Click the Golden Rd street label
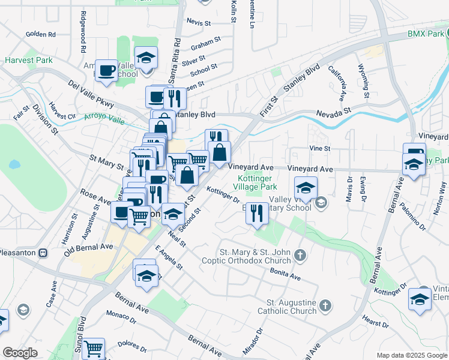[41, 35]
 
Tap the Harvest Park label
[29, 61]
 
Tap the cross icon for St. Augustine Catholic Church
[325, 306]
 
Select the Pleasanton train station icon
[43, 253]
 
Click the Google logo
[20, 353]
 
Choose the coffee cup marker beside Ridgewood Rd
[107, 70]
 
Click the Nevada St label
[334, 112]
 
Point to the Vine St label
[320, 148]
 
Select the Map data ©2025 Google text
[411, 355]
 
